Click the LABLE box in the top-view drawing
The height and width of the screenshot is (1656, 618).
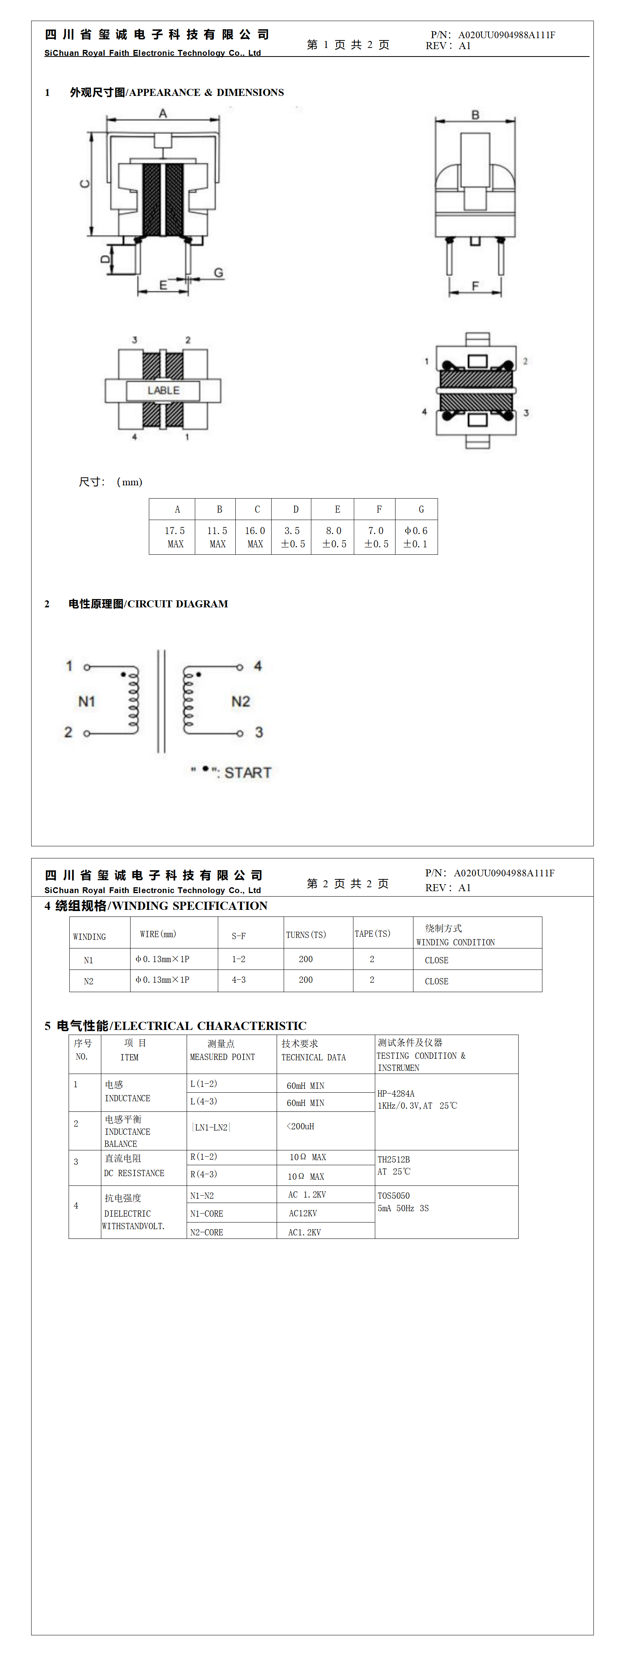(x=163, y=390)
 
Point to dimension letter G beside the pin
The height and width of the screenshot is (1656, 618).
(x=219, y=272)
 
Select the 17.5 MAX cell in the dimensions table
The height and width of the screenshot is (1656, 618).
(x=175, y=537)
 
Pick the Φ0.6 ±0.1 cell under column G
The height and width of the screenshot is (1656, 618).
(x=416, y=537)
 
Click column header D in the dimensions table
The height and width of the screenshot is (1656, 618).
(x=295, y=509)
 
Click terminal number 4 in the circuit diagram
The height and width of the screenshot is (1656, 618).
(x=258, y=666)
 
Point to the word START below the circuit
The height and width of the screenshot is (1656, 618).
(x=248, y=773)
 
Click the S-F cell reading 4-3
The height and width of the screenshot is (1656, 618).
(x=238, y=980)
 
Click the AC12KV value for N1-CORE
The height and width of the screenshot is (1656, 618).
(x=303, y=1213)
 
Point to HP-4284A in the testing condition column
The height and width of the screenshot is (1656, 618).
(x=396, y=1093)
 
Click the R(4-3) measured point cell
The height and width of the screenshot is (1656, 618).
(x=204, y=1174)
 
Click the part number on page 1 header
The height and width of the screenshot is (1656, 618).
(x=506, y=35)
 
